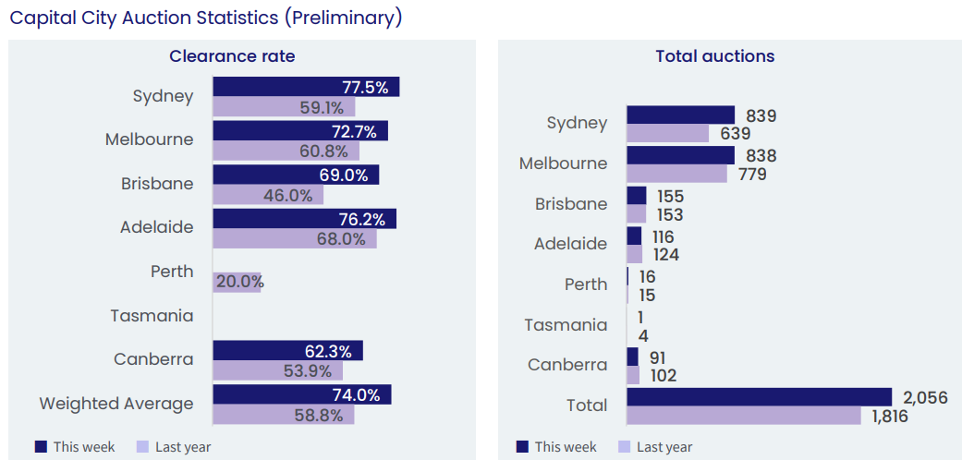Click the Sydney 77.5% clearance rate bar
(x=305, y=87)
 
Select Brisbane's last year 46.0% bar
(x=268, y=196)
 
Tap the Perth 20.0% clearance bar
(x=237, y=283)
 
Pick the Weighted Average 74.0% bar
(x=301, y=394)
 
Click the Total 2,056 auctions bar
(x=758, y=397)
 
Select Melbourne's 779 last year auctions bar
(x=676, y=174)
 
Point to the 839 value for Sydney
(x=761, y=115)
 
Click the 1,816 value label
(x=890, y=417)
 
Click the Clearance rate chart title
(x=232, y=56)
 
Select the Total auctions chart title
(x=714, y=56)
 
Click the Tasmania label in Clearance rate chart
(x=152, y=316)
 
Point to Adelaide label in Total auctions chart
(x=570, y=244)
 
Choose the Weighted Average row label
(x=116, y=404)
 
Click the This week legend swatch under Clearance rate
(x=41, y=446)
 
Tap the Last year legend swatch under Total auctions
(x=624, y=446)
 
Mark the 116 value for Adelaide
(x=664, y=236)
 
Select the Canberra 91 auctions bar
(x=632, y=357)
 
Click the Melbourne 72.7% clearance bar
(x=300, y=130)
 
